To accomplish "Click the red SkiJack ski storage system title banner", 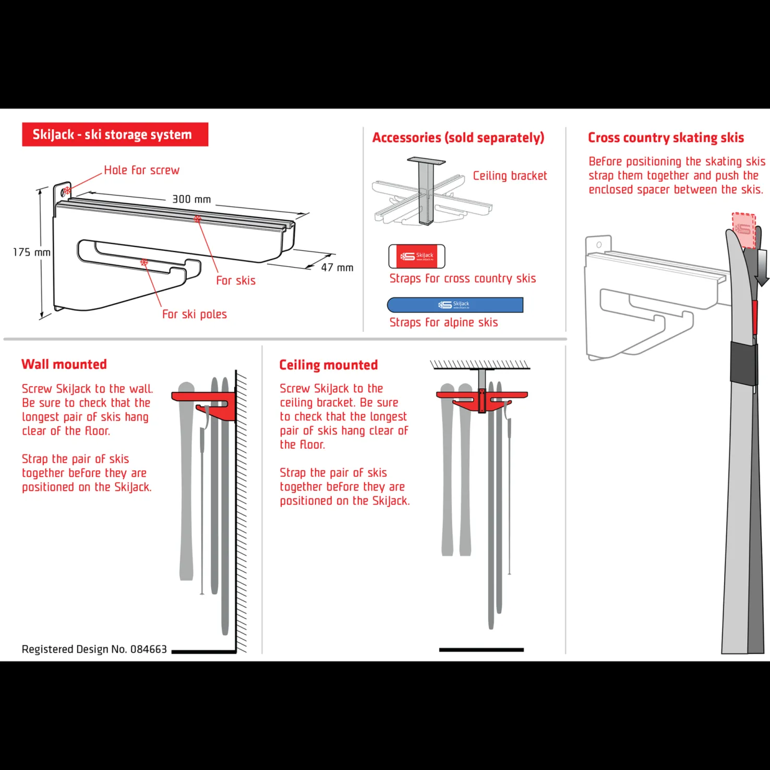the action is (115, 135).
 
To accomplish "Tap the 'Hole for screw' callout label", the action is (141, 170).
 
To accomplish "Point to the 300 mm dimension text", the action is (191, 199).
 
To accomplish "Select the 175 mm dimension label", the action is (32, 252).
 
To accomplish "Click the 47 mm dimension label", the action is (337, 268).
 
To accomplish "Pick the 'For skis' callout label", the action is (236, 281).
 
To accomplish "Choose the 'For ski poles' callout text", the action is (195, 314).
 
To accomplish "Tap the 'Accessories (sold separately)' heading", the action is (458, 138).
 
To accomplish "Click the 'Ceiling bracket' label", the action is (510, 176).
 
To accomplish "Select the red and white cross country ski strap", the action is (417, 256).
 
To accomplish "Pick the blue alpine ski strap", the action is (455, 305).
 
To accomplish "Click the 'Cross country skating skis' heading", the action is (666, 138).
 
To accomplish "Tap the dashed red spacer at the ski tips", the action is (744, 230).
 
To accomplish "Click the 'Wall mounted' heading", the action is (64, 364).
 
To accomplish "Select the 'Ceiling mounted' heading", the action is (328, 365).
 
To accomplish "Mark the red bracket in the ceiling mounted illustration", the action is (482, 401).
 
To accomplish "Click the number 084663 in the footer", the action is (149, 649).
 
